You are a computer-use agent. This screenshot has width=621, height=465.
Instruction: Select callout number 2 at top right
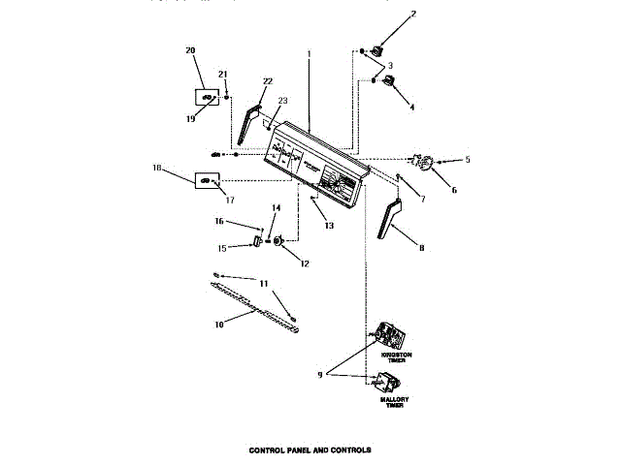coord(412,15)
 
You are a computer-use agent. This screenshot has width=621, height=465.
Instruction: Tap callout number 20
coord(190,50)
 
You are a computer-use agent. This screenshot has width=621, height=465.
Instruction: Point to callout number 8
coord(421,247)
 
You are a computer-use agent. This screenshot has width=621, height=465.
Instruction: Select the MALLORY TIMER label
coord(395,401)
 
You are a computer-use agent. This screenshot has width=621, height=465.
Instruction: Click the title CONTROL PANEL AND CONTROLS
coord(310,450)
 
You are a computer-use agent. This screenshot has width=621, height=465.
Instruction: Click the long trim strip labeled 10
coord(252,301)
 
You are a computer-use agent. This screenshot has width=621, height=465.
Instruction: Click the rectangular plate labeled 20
coord(207,97)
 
